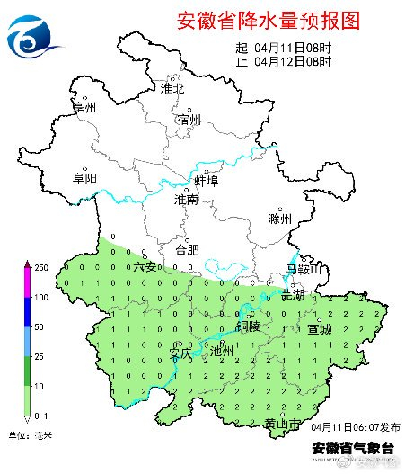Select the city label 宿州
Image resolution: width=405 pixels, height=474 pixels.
tap(189, 120)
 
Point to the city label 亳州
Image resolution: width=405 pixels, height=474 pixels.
tap(84, 108)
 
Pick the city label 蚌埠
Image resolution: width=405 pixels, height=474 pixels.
tap(207, 183)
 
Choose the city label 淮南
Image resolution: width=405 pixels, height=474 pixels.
tap(187, 200)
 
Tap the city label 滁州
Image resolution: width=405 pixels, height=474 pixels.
tap(280, 219)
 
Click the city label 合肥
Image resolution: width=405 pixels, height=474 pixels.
tap(187, 249)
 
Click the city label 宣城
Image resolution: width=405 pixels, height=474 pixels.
tap(320, 329)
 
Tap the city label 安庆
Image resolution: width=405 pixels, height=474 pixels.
tap(180, 353)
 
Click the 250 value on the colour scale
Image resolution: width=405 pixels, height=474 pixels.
tap(40, 268)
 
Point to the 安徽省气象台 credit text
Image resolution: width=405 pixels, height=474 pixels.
tap(353, 447)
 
